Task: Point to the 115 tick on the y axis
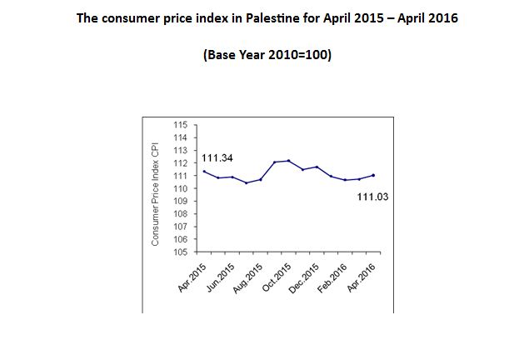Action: coord(179,125)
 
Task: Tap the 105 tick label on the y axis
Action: coord(179,252)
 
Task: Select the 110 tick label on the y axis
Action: coord(179,188)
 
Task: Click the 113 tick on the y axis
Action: coord(179,150)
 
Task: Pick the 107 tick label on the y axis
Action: coord(179,227)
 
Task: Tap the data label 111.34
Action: coord(217,157)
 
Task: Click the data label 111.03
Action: coord(373,197)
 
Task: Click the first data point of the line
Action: coord(205,171)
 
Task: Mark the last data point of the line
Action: coord(372,175)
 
